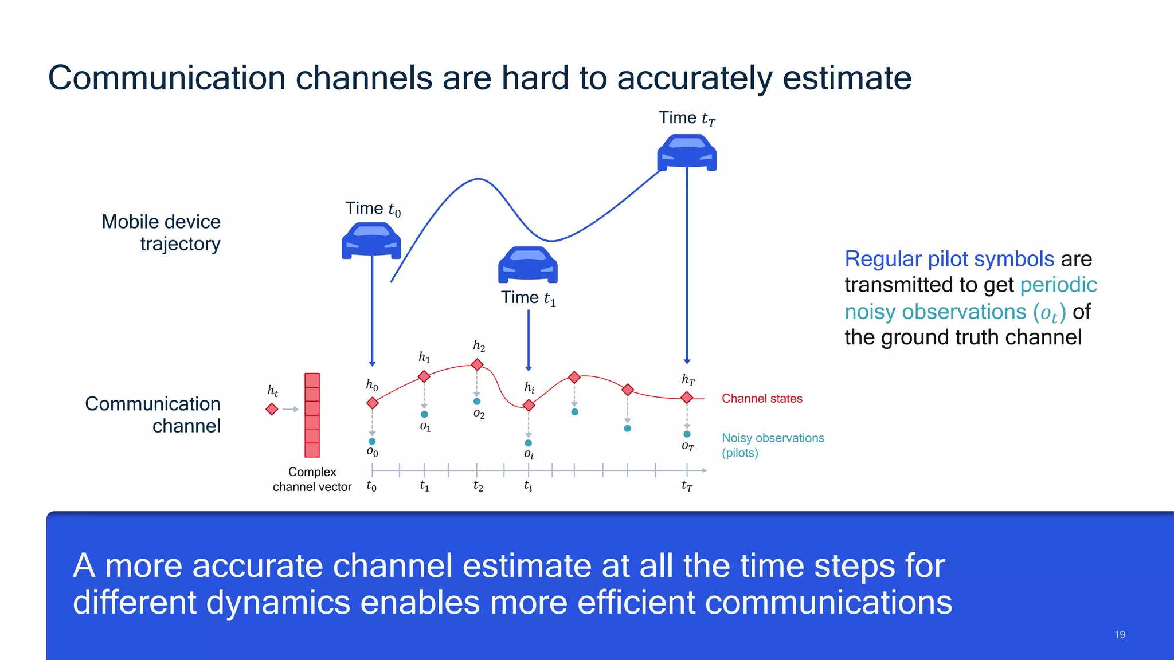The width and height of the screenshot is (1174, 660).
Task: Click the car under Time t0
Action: click(371, 241)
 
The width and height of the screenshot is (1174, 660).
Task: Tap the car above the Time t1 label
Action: click(527, 265)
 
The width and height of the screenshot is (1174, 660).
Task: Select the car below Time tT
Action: click(687, 152)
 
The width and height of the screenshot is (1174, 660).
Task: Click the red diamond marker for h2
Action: click(477, 364)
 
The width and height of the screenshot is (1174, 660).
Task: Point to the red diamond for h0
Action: click(373, 403)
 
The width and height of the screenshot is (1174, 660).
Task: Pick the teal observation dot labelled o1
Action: click(424, 414)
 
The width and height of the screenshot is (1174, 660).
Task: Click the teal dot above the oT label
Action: click(687, 434)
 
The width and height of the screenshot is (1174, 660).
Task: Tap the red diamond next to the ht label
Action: click(272, 409)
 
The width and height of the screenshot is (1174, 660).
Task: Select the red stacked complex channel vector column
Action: click(312, 415)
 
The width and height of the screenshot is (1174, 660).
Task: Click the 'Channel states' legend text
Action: click(761, 399)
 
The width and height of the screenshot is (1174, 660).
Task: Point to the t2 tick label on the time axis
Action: click(478, 486)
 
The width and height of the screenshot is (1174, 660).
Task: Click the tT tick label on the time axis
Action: click(687, 486)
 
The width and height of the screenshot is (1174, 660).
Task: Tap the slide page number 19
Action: click(1120, 635)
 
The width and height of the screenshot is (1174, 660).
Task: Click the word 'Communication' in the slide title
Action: click(166, 78)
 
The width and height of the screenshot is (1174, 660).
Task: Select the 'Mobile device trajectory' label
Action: click(162, 233)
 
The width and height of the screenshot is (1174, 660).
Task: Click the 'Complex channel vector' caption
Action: click(312, 479)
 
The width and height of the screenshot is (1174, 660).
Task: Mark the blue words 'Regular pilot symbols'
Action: click(949, 259)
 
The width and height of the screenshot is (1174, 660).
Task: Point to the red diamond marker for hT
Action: click(687, 398)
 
